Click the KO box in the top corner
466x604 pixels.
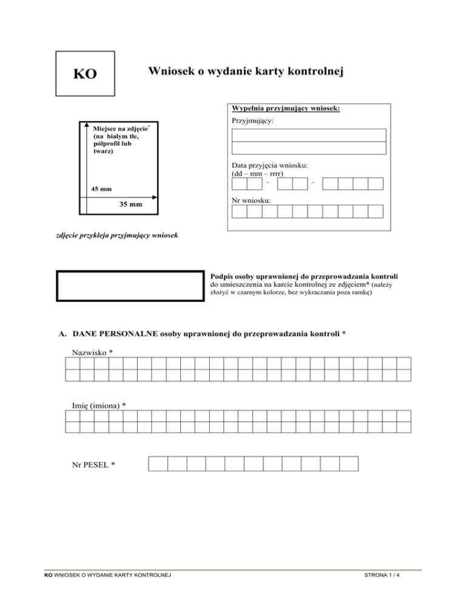pyautogui.click(x=85, y=74)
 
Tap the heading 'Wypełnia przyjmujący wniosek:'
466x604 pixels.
pyautogui.click(x=286, y=109)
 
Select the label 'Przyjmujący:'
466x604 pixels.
pyautogui.click(x=253, y=122)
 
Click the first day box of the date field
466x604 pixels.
pyautogui.click(x=239, y=184)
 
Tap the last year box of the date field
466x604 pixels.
pyautogui.click(x=376, y=184)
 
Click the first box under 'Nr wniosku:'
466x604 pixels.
pyautogui.click(x=239, y=211)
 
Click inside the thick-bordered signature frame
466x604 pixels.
pyautogui.click(x=130, y=285)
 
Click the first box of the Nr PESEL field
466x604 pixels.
pyautogui.click(x=158, y=464)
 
